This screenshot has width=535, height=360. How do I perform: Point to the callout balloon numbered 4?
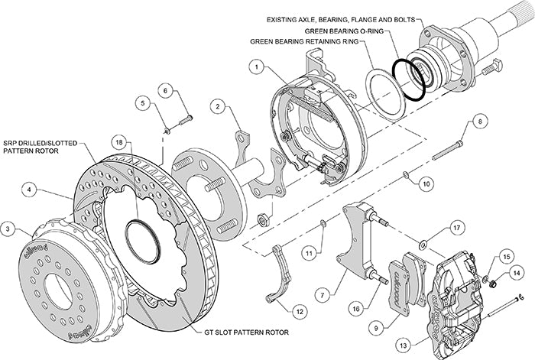(28, 186)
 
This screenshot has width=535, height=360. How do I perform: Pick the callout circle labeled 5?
(142, 102)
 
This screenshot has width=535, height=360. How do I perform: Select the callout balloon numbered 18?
(118, 142)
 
